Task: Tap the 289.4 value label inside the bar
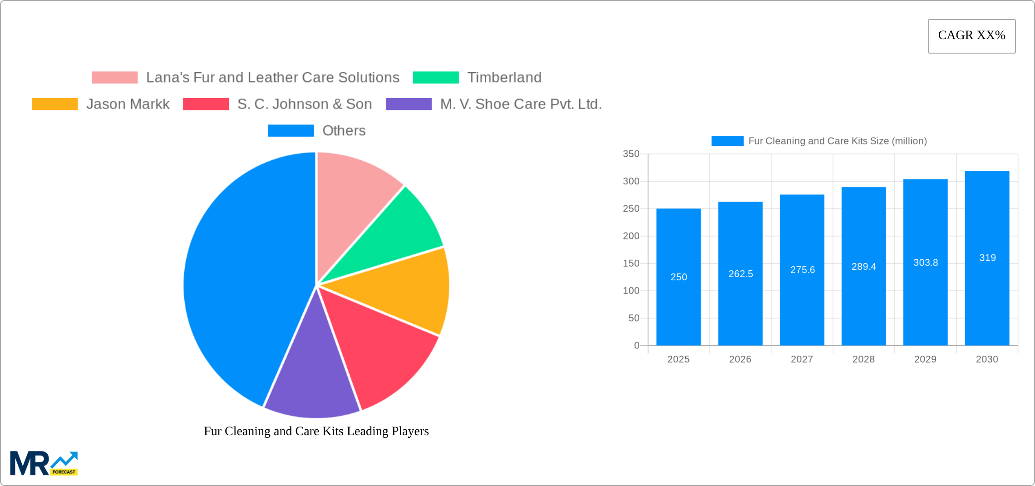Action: (863, 267)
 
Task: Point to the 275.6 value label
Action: (802, 270)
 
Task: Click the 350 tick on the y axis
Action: (631, 154)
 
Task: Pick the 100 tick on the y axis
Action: (631, 291)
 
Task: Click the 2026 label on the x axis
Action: (740, 359)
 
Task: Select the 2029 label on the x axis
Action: (925, 359)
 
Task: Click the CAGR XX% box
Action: (971, 36)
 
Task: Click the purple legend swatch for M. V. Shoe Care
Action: (409, 104)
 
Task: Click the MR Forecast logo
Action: (44, 463)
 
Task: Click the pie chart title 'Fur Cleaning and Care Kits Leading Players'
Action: (316, 431)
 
